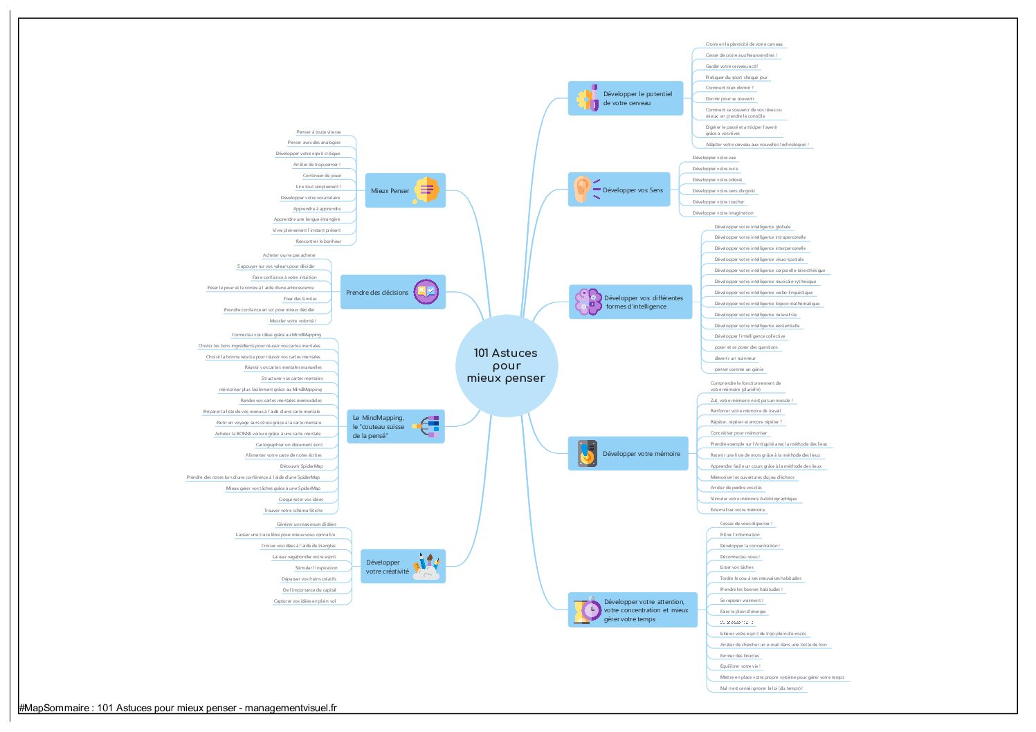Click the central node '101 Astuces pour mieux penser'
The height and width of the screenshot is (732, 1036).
click(506, 365)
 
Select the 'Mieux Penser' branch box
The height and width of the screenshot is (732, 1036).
click(390, 191)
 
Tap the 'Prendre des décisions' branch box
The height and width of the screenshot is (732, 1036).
click(378, 293)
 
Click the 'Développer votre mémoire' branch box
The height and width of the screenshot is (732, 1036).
click(641, 454)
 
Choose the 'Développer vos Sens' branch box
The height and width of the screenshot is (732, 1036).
click(632, 190)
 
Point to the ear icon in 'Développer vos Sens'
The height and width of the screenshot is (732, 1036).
click(582, 189)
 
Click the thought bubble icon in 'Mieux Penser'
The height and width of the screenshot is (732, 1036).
click(426, 190)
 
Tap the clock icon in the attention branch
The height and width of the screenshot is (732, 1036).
click(590, 610)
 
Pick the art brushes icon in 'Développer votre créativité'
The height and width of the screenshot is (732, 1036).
click(426, 566)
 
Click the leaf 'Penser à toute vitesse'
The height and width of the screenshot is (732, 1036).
click(318, 132)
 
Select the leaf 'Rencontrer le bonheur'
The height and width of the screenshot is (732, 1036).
click(318, 241)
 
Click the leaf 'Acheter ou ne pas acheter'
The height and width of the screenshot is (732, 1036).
click(289, 255)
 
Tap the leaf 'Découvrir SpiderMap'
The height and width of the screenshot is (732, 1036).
click(301, 466)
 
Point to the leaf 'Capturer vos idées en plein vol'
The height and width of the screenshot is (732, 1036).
click(305, 601)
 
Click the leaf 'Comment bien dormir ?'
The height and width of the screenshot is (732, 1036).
click(729, 88)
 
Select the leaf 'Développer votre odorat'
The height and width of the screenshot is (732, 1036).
click(717, 180)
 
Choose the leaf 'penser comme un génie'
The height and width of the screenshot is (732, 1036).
click(739, 369)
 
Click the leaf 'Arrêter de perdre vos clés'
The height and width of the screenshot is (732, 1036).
click(736, 488)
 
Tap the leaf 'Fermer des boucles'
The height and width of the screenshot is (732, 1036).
click(739, 656)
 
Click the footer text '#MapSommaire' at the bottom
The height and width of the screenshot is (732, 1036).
click(54, 708)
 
